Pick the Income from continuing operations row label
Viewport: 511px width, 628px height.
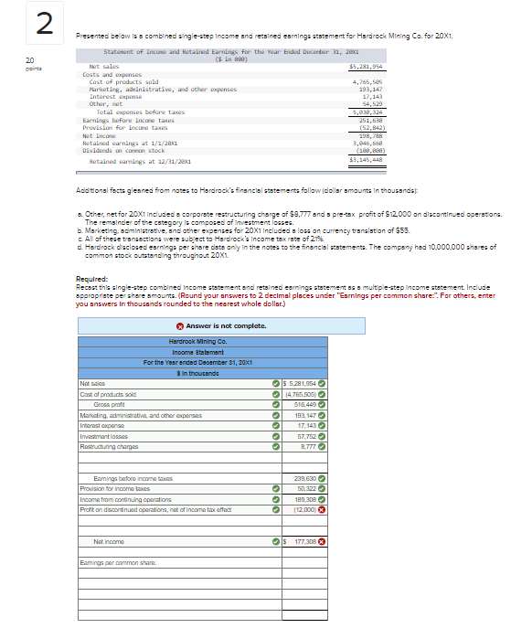(123, 500)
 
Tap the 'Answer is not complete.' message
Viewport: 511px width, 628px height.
(201, 326)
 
